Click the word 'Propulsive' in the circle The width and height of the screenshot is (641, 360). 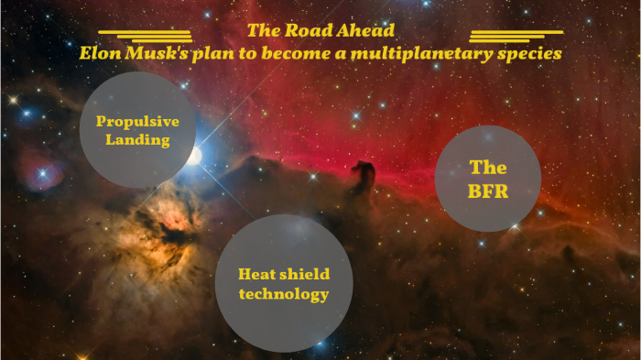(x=137, y=122)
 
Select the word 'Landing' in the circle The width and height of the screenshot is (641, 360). (x=137, y=140)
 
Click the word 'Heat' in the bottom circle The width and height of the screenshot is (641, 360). (x=256, y=274)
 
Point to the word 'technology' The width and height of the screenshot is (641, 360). (x=283, y=294)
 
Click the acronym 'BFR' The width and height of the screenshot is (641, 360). (x=488, y=192)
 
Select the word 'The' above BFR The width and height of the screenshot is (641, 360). (x=488, y=168)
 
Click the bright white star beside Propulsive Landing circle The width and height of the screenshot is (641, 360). (x=195, y=156)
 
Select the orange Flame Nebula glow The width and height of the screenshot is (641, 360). (x=165, y=220)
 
